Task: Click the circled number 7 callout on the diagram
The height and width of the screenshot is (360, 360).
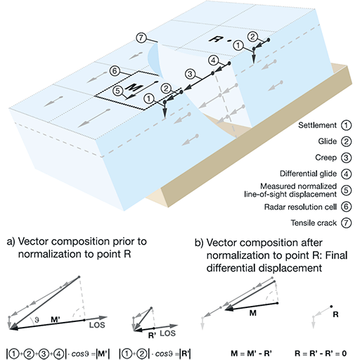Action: point(141,38)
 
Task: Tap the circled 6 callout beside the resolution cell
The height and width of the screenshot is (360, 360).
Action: point(115,71)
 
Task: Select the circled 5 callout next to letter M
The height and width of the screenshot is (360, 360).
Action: point(118,91)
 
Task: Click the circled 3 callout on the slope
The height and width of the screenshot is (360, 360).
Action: point(190,74)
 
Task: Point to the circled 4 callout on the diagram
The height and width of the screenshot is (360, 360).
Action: point(213,60)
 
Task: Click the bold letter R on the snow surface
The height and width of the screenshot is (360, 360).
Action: point(215,39)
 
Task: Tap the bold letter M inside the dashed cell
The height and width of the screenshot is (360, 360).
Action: point(134,88)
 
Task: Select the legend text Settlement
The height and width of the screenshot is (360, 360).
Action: point(317,125)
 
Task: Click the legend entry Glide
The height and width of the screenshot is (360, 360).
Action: point(327,141)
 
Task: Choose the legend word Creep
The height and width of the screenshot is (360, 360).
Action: point(326,157)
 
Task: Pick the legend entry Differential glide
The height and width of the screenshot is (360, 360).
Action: point(308,174)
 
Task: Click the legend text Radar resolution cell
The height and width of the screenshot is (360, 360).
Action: point(300,207)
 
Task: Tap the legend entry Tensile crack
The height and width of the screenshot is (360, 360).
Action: point(314,223)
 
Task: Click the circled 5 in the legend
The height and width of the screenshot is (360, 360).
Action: point(346,190)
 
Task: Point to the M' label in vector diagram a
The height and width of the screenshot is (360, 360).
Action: point(56,319)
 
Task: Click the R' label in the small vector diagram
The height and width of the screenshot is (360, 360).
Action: point(152,335)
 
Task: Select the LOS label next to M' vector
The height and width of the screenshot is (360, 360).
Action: point(97,325)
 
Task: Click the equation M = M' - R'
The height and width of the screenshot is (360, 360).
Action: point(251,353)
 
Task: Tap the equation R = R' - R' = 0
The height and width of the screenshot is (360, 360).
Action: point(321,353)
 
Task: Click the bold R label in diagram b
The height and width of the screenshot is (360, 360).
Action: point(335,314)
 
